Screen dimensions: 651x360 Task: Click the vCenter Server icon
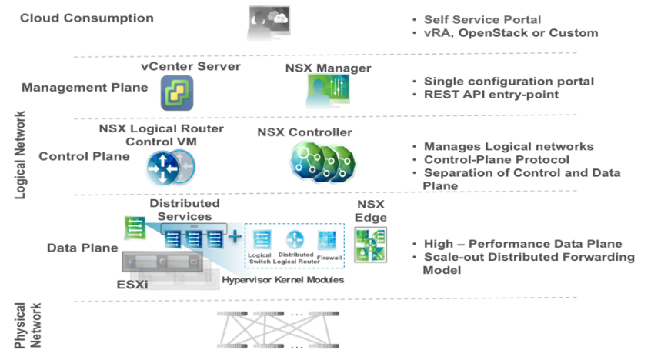tap(177, 93)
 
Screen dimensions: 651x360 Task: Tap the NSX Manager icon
tap(329, 92)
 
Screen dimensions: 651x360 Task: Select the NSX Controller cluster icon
tap(322, 162)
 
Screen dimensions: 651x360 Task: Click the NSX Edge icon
tap(371, 245)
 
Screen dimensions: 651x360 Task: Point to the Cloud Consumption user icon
tap(269, 22)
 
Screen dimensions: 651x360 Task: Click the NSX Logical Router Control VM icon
tap(170, 168)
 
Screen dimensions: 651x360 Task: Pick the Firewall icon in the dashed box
tap(327, 241)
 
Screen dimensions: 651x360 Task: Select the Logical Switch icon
tap(262, 240)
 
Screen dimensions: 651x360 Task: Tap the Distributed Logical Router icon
tap(295, 240)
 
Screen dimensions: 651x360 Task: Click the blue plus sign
tap(235, 236)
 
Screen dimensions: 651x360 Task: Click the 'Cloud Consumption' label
tap(87, 18)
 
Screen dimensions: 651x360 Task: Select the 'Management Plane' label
tap(85, 87)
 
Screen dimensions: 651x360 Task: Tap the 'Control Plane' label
tap(85, 156)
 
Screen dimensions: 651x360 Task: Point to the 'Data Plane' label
tap(82, 248)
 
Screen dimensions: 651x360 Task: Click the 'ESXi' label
tap(132, 285)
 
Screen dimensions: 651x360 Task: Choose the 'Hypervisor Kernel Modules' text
tap(282, 280)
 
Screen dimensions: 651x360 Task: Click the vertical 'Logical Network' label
tap(20, 155)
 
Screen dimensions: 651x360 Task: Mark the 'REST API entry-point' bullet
tap(491, 95)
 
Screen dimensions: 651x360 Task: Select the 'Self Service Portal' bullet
tap(482, 19)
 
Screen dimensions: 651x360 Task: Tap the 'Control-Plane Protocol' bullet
tap(496, 159)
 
